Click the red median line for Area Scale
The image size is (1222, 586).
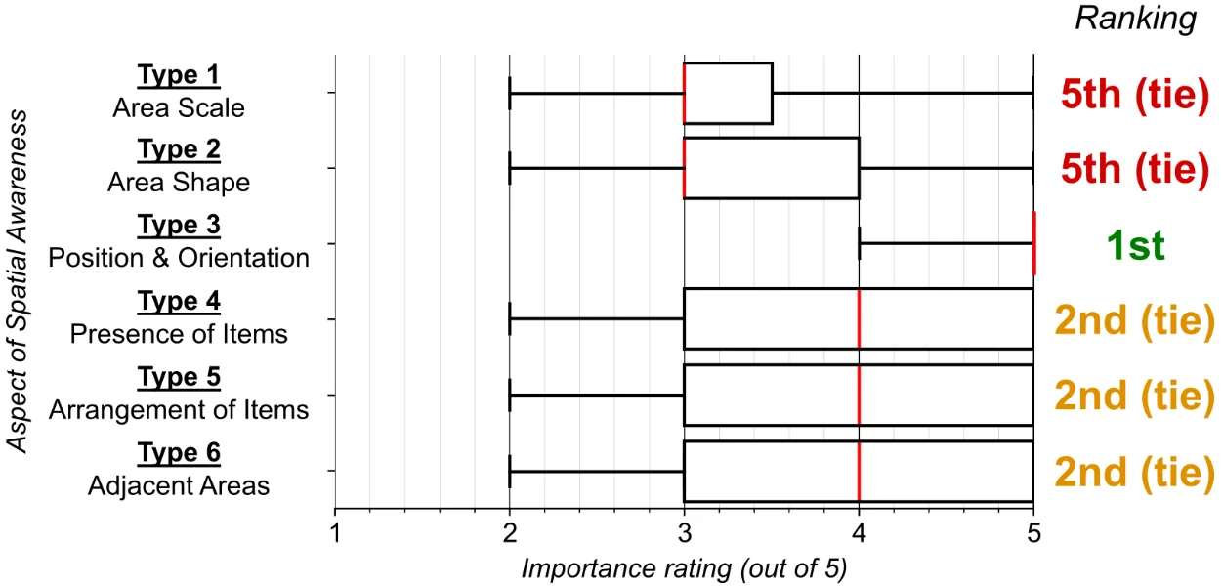(x=684, y=93)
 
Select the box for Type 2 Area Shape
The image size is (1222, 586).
(x=771, y=168)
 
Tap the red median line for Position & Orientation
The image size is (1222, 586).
(x=1032, y=243)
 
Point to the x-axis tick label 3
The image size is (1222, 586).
(x=684, y=533)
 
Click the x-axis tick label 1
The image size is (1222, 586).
(x=335, y=533)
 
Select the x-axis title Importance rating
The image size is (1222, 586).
(x=683, y=566)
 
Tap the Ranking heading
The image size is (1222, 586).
(x=1135, y=20)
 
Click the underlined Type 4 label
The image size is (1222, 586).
(x=179, y=302)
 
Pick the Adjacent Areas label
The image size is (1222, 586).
(x=179, y=484)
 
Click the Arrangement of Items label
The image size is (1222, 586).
(x=179, y=409)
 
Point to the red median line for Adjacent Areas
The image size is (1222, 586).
(x=859, y=471)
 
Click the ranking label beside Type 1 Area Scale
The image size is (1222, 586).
(x=1133, y=94)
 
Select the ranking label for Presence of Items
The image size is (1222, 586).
(x=1133, y=320)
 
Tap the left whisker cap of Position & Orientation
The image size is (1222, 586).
(x=859, y=243)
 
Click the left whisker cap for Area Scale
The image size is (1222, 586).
(x=510, y=93)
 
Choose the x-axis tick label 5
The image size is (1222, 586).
(x=1032, y=533)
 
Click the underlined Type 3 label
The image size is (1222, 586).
(x=179, y=226)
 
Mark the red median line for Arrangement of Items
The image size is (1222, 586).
(x=859, y=395)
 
